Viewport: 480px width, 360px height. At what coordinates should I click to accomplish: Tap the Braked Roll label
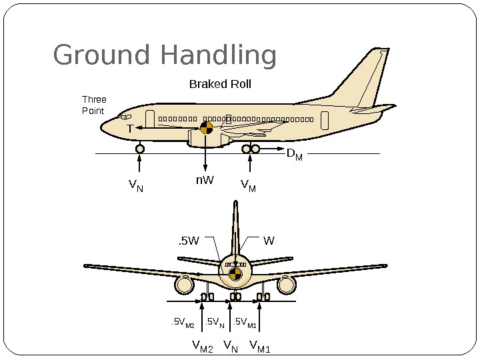point(220,85)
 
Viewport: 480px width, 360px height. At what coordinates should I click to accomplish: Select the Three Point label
point(93,105)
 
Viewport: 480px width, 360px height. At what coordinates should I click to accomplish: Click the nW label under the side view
point(204,180)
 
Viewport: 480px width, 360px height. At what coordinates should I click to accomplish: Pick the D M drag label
point(294,155)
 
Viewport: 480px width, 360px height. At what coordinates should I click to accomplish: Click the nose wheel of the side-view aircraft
point(140,149)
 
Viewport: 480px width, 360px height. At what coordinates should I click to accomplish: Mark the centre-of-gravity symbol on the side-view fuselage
point(207,127)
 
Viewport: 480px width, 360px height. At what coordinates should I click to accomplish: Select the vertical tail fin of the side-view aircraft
point(363,80)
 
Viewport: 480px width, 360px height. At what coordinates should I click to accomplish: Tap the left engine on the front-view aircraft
point(183,285)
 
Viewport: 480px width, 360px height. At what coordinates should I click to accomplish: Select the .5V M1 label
point(245,324)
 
